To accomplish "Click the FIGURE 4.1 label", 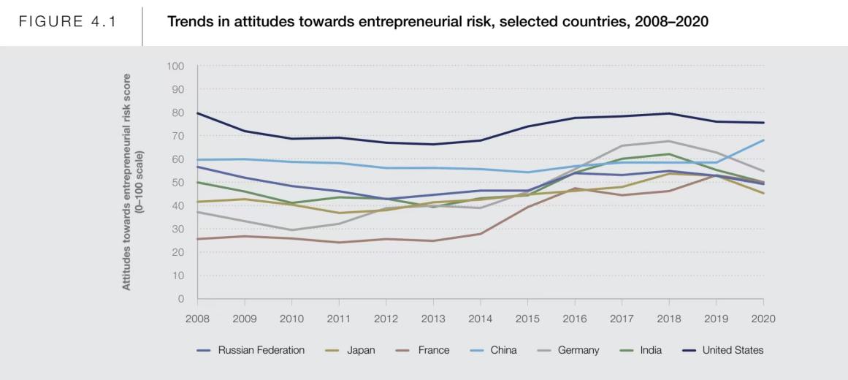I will coord(68,21).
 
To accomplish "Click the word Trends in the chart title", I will coord(187,21).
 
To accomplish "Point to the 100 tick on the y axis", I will coord(176,66).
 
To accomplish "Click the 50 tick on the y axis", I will coord(179,183).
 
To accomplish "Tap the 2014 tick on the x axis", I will coord(480,319).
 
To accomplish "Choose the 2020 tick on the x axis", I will coord(763,319).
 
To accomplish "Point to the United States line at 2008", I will coord(197,113).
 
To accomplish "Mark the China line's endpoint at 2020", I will coord(763,140).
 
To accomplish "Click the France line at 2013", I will coord(433,241).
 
